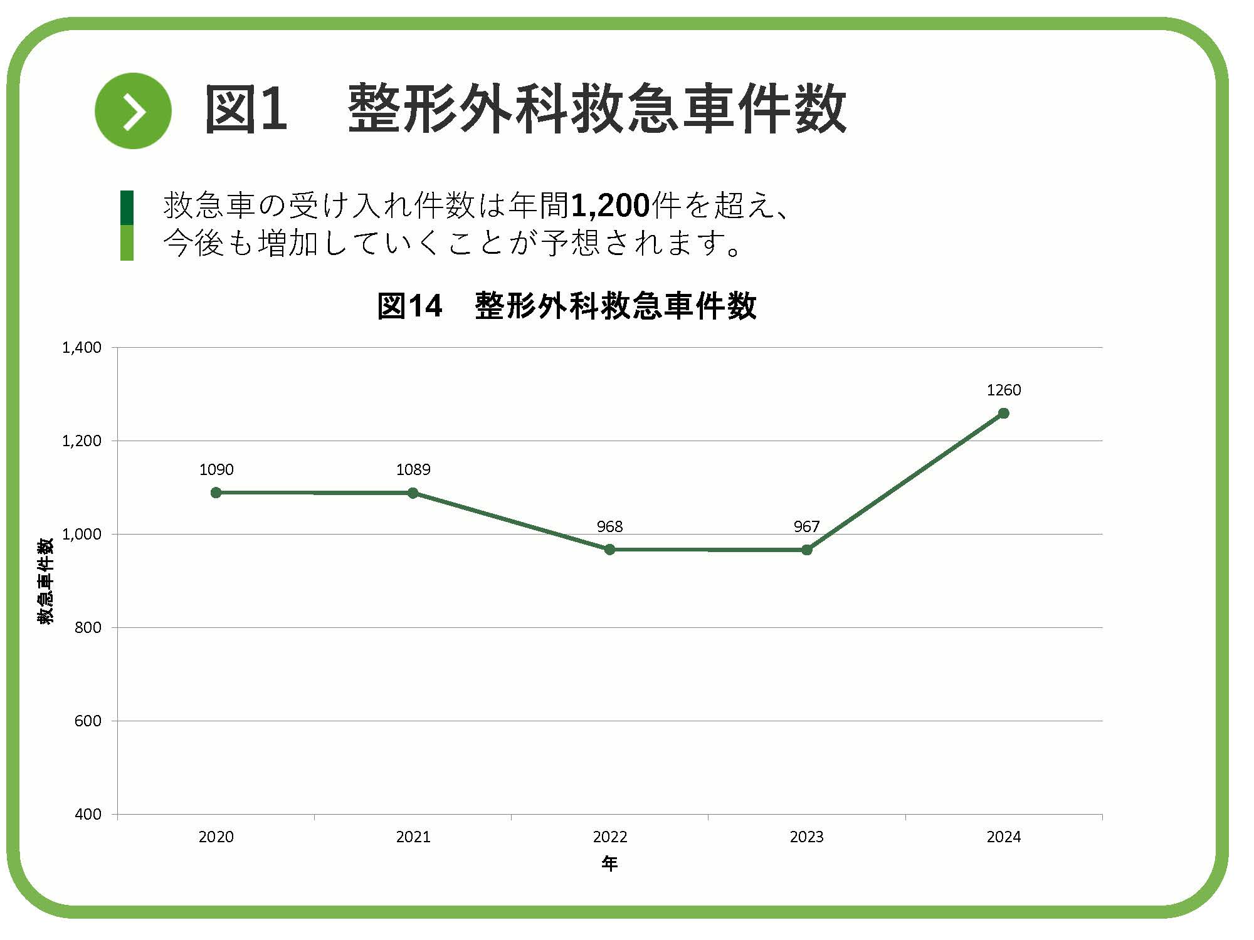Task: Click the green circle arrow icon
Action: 133,111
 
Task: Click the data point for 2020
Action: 216,493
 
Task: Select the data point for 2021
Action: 413,493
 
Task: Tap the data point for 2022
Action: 609,550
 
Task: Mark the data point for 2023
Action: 807,550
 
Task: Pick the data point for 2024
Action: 1003,413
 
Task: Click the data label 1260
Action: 1003,390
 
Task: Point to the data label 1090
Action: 216,469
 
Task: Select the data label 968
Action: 609,526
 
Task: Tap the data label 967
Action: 806,526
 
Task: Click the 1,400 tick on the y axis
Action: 82,348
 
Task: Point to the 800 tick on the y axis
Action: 88,628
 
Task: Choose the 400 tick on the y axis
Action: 88,815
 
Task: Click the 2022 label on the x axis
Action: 609,837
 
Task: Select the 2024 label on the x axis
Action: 1003,837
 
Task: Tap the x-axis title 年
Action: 609,864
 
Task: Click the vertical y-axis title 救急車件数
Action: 46,581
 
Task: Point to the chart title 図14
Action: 409,306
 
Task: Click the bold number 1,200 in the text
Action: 610,206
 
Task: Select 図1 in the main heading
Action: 246,110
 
